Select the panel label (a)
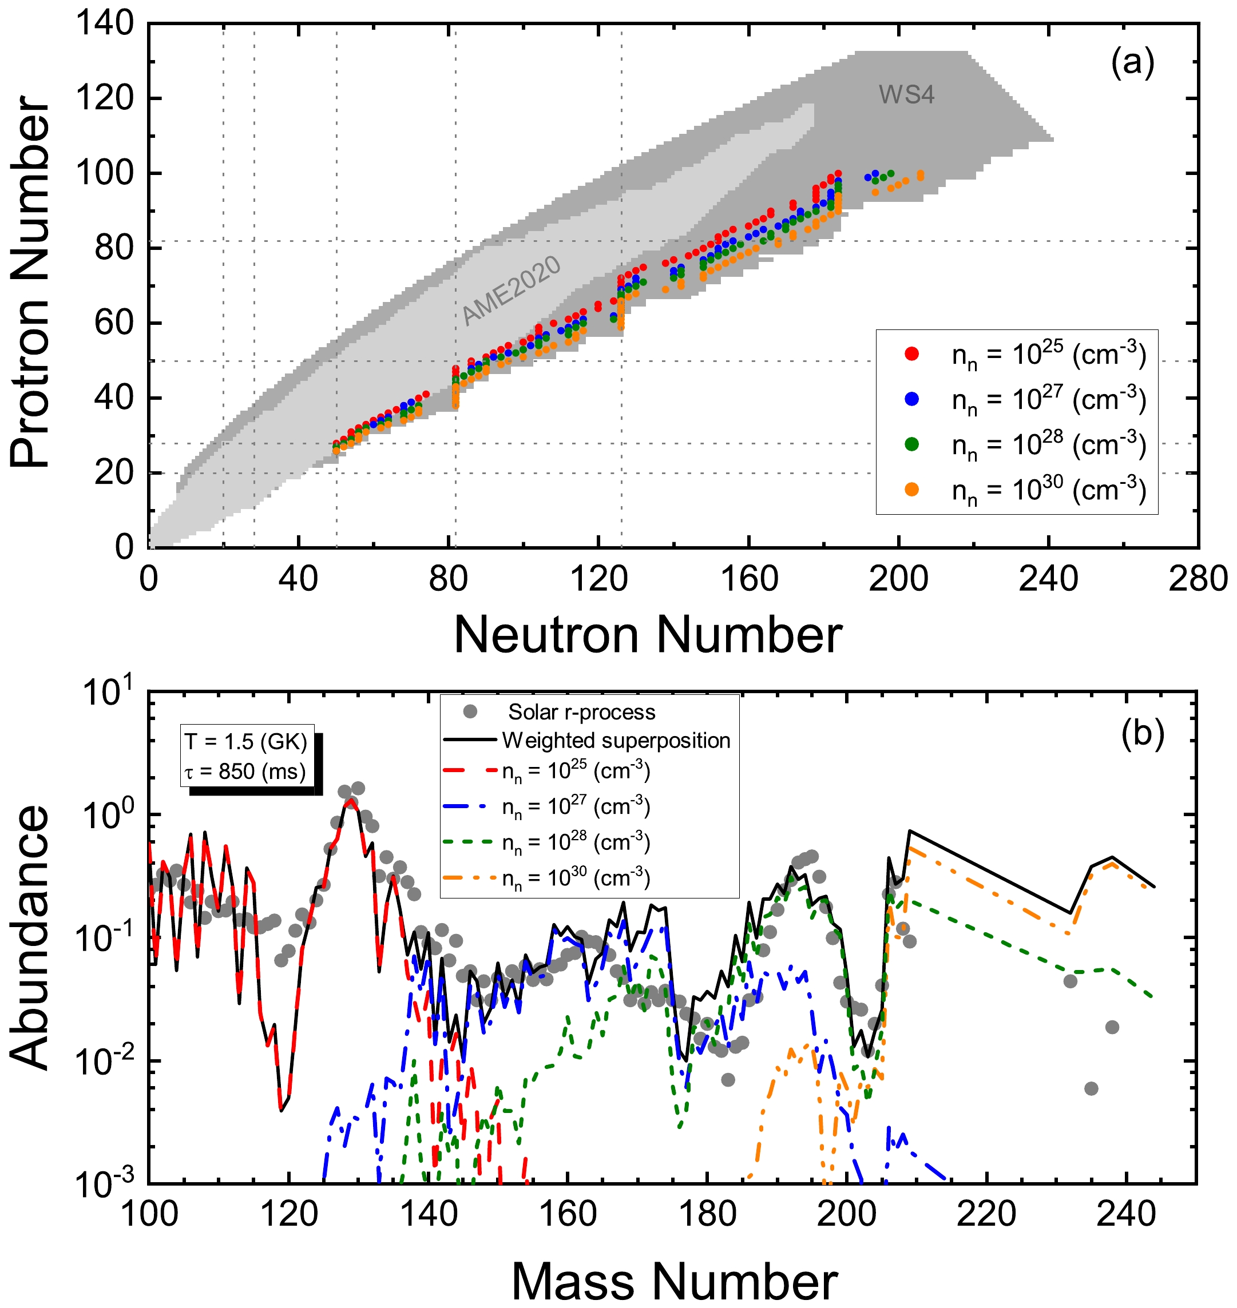click(1132, 63)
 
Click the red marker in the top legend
click(912, 354)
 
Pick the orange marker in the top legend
click(912, 489)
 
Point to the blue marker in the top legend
click(912, 399)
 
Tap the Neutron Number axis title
click(648, 635)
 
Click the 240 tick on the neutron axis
click(1048, 579)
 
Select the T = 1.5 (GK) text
click(246, 742)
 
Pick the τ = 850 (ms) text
click(246, 771)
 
